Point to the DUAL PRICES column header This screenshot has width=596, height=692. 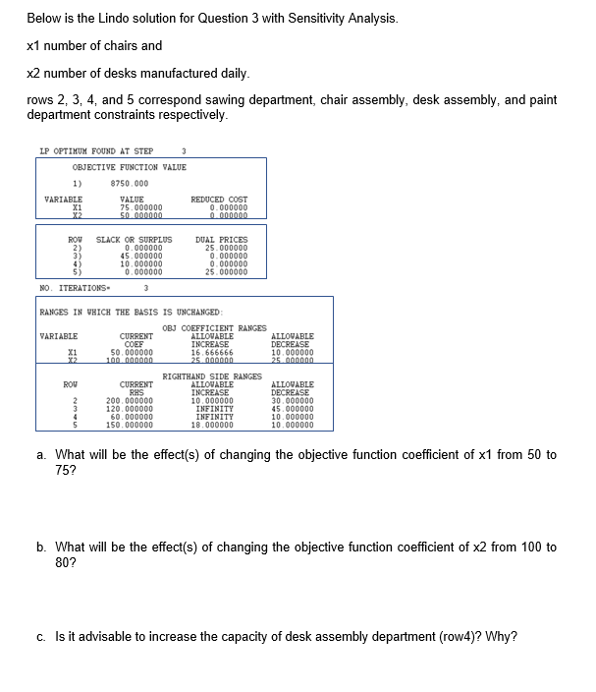pyautogui.click(x=222, y=240)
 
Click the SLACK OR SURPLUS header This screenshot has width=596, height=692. pyautogui.click(x=134, y=240)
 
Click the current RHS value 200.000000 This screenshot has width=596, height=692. pyautogui.click(x=130, y=401)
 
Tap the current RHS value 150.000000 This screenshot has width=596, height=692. pyautogui.click(x=130, y=426)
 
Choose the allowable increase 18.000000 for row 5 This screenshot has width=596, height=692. pyautogui.click(x=211, y=426)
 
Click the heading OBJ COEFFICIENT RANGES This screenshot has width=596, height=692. pyautogui.click(x=213, y=327)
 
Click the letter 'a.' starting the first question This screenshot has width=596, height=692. pyautogui.click(x=38, y=455)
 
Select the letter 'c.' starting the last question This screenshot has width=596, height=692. pyautogui.click(x=38, y=636)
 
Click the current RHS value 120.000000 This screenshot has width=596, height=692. pyautogui.click(x=130, y=409)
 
